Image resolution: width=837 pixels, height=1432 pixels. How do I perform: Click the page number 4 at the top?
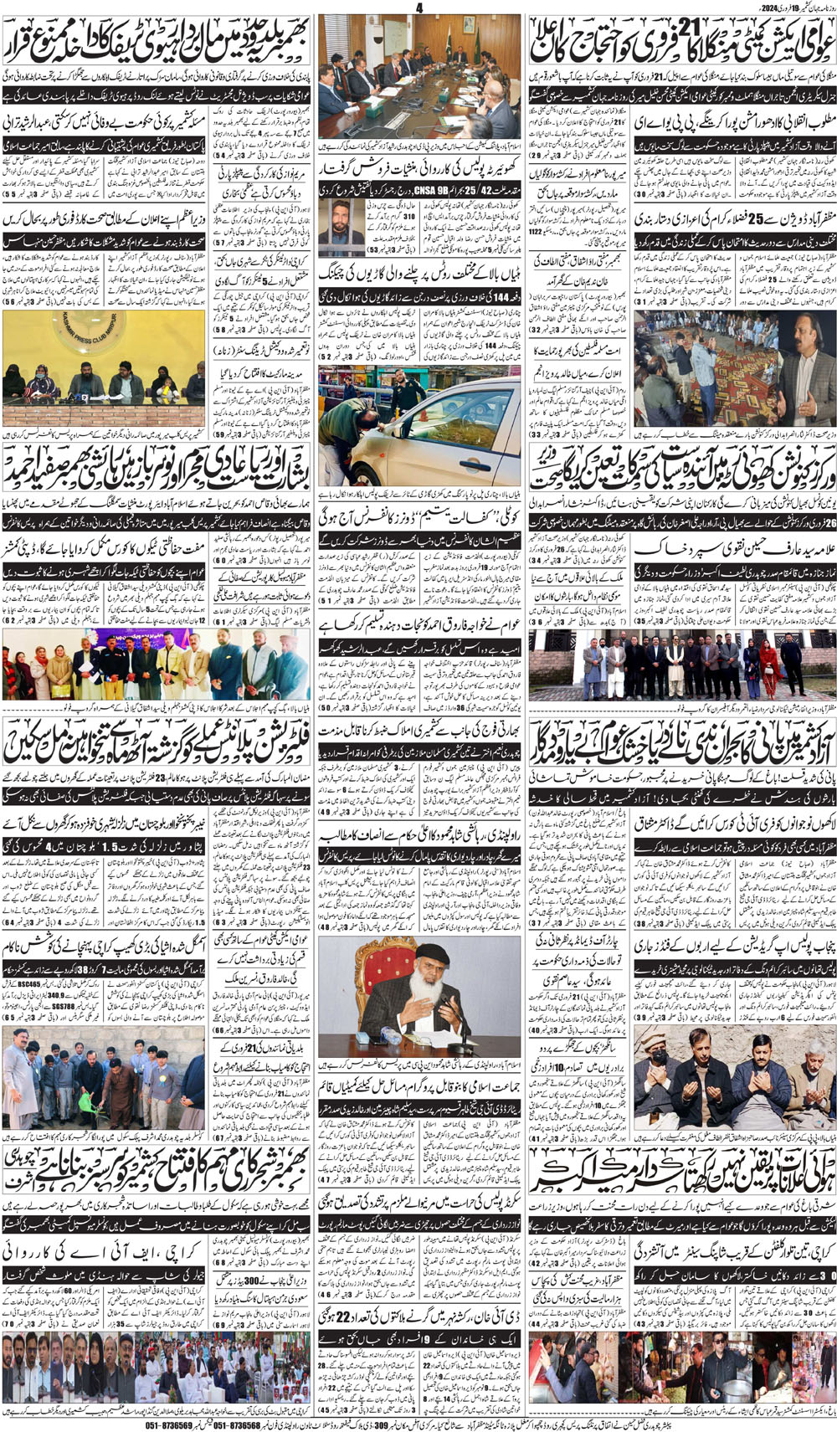point(419,8)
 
